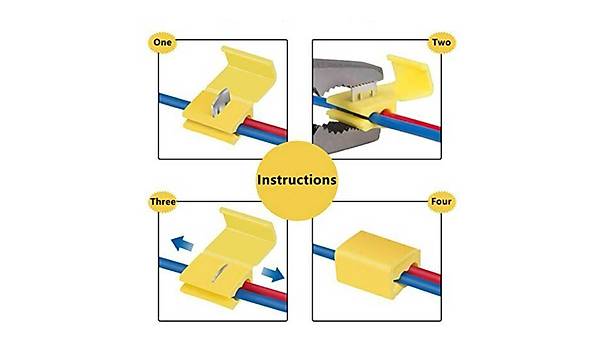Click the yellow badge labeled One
point(162,42)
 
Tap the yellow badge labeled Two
point(441,42)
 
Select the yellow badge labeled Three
point(163,202)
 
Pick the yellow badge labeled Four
point(441,201)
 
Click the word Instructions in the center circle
point(297,180)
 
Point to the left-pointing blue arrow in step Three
point(182,243)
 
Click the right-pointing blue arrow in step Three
point(273,274)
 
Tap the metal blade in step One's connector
point(220,103)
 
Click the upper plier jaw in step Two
point(346,78)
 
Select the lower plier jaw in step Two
point(346,137)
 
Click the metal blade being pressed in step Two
point(362,92)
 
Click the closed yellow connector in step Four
point(377,264)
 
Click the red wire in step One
point(267,127)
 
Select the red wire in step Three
point(263,290)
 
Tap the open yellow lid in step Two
point(410,78)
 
